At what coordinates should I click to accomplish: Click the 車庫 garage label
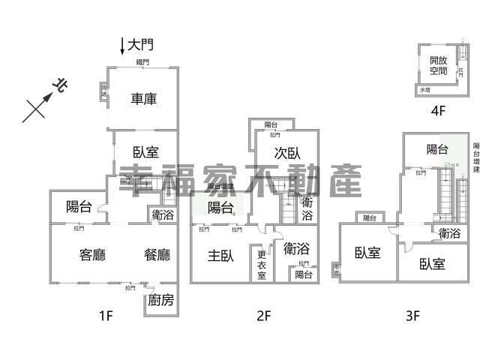coord(144,98)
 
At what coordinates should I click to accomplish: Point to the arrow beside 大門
coord(123,46)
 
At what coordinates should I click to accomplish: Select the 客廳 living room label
coord(92,255)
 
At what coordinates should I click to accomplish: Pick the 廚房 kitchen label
coord(160,301)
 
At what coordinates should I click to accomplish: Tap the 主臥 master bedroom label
coord(221,255)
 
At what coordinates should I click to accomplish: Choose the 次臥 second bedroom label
coord(287,152)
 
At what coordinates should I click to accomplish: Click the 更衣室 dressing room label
coord(262,264)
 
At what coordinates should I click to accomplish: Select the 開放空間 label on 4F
coord(438,65)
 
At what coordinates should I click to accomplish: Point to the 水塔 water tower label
coord(425,90)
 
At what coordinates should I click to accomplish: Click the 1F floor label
coord(105,316)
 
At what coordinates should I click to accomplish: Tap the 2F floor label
coord(262,316)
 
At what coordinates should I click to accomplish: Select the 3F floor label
coord(412,316)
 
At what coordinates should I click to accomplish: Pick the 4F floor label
coord(438,110)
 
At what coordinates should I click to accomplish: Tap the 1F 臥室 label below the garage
coord(145,151)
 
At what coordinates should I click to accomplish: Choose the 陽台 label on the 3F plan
coord(439,148)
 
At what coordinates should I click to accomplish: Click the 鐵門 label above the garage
coord(142,62)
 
